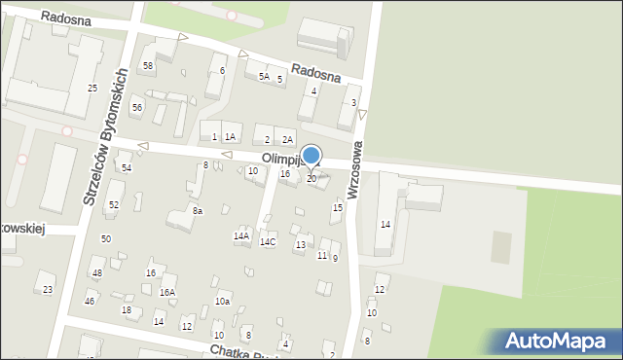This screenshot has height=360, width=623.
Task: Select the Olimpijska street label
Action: coord(282,158)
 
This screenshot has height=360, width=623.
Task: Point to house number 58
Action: coord(148,65)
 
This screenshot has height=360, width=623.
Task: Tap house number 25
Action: coord(92,89)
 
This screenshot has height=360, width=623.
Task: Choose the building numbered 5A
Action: coord(263,76)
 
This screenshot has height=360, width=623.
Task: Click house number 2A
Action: coord(287,140)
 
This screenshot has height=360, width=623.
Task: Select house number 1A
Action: coord(229,137)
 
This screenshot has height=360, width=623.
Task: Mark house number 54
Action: coord(126,168)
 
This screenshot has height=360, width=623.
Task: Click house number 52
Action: coord(113,204)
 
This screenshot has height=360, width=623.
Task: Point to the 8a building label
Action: coord(197,210)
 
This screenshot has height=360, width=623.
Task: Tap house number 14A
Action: coord(241,235)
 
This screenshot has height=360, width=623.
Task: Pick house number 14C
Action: coord(267,242)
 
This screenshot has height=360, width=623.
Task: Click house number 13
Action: coord(301,244)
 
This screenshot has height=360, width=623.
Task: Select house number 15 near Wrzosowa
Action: coord(338,207)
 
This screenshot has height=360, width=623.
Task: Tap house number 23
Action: coord(47,289)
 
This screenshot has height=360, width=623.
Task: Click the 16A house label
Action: coord(167,292)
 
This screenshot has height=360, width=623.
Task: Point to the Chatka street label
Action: coord(230,349)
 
